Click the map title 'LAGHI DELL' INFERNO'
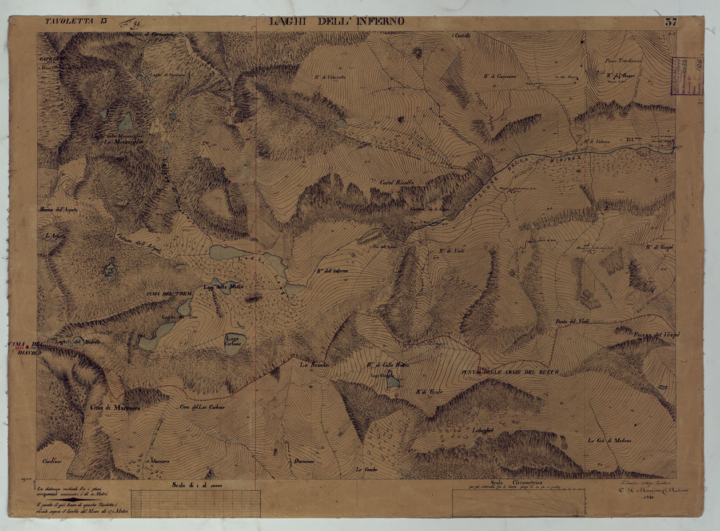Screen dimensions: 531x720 coord(337,22)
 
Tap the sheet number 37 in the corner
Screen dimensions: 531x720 coord(670,23)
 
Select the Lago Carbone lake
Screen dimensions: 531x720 coord(234,343)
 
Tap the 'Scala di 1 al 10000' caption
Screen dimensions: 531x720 coord(197,485)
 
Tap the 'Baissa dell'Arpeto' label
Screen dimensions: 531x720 coord(59,210)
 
